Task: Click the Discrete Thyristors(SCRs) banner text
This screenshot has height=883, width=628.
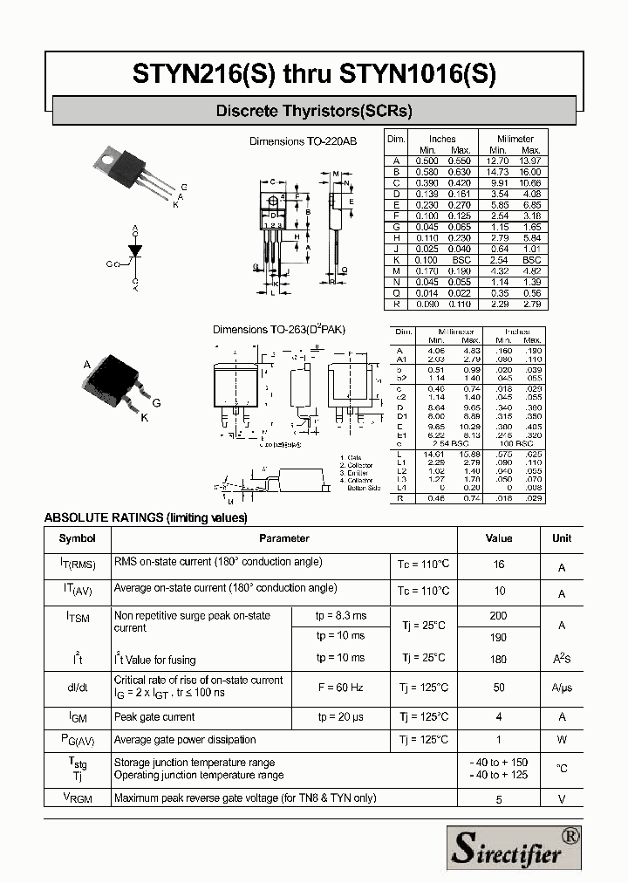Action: [314, 111]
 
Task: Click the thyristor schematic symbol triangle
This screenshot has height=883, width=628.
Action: [135, 252]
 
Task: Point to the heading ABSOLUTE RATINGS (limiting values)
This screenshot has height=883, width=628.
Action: [146, 517]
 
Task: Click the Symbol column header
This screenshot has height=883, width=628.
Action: [77, 538]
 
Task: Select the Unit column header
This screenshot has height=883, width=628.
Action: [562, 538]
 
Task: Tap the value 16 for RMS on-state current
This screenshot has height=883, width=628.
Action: [499, 565]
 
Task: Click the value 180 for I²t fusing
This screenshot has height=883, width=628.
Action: [499, 659]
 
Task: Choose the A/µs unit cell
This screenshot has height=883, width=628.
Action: [562, 688]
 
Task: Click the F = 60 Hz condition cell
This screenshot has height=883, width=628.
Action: [340, 688]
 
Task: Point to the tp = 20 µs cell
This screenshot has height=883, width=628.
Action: [340, 717]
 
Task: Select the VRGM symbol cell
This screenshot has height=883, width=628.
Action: [77, 797]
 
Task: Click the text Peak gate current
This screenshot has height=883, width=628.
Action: [154, 717]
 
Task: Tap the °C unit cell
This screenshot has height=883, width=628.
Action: [562, 769]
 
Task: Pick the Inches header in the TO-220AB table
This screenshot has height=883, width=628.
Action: [442, 139]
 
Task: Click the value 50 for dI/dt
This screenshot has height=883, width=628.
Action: [499, 688]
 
